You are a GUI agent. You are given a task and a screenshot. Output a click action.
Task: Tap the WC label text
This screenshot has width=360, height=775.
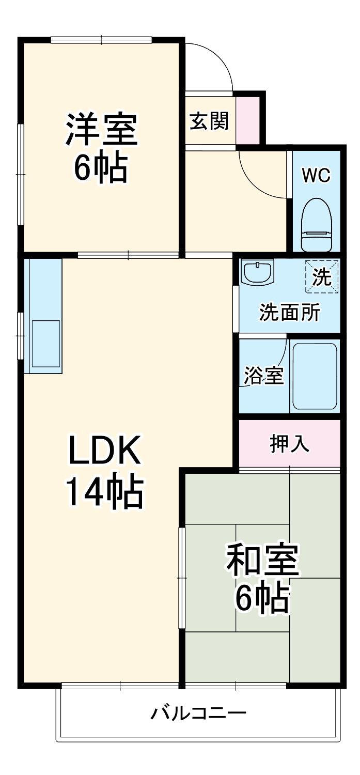coord(316,176)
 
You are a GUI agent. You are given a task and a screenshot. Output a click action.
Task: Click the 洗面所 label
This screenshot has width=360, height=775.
coord(289,313)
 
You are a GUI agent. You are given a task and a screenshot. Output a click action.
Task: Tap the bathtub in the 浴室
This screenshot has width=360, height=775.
coord(315,375)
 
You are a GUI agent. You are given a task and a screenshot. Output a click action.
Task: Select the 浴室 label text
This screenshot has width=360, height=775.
coord(263,376)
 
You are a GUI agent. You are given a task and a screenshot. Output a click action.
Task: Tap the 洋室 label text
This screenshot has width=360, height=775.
coord(101,129)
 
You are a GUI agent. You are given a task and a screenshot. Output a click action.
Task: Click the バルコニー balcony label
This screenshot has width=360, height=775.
coord(198,714)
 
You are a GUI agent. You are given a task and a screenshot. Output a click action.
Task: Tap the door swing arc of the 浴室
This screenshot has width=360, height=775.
coord(279,362)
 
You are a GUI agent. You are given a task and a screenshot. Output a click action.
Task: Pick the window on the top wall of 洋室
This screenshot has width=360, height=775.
coord(101,40)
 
